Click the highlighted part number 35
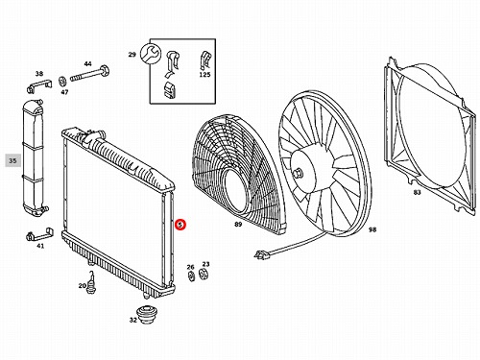[x=12, y=160]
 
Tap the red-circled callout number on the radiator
[x=180, y=225]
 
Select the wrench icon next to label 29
[x=151, y=54]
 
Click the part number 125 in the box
[x=204, y=75]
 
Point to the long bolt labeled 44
[x=89, y=74]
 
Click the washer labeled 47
[x=62, y=82]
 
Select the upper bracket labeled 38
[x=38, y=86]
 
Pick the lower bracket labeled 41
[x=39, y=235]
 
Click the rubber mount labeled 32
[x=147, y=315]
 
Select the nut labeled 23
[x=204, y=274]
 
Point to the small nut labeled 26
[x=191, y=276]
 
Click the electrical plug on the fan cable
[x=260, y=254]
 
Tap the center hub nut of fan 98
[x=299, y=173]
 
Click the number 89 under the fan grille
[x=238, y=225]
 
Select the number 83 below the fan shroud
[x=418, y=192]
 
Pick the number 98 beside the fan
[x=372, y=229]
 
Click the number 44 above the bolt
[x=87, y=63]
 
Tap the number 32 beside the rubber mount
[x=133, y=320]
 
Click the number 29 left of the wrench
[x=132, y=55]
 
